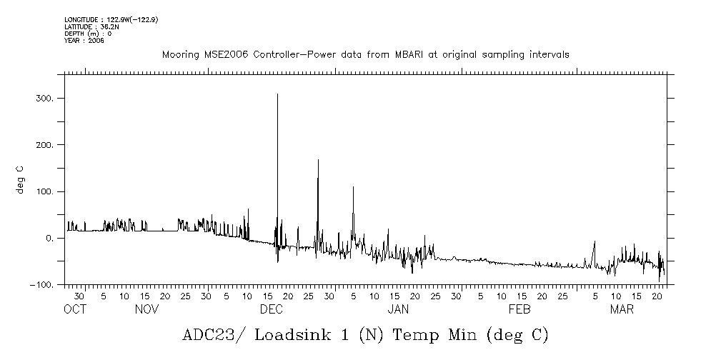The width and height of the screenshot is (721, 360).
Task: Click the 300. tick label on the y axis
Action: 45,99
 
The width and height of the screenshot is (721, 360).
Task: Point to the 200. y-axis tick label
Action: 45,145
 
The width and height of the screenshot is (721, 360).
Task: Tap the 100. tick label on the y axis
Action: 45,192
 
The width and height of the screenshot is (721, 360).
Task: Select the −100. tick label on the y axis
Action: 42,285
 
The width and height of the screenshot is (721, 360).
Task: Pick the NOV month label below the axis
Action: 146,309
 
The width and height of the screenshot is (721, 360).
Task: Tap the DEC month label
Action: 271,309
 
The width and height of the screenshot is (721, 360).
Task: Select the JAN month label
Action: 398,309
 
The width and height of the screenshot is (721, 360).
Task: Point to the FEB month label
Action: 519,309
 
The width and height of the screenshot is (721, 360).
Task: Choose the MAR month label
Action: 622,309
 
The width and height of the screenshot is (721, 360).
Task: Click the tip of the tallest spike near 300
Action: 277,94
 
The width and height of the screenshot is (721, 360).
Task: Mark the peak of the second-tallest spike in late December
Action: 318,160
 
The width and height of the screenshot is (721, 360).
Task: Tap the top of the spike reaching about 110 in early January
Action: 353,187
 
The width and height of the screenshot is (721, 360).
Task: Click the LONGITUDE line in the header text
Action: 111,19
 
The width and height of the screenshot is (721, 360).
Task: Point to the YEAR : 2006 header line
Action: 84,41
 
